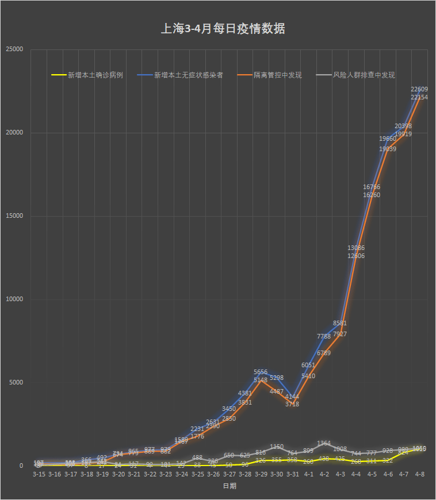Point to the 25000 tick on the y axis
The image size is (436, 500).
click(x=14, y=49)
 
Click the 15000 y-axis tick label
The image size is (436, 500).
click(x=14, y=216)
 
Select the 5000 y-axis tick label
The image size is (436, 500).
click(x=16, y=383)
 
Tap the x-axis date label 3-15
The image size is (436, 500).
click(x=39, y=475)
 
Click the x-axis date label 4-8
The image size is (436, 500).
click(x=419, y=475)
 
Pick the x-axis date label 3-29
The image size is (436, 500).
click(x=261, y=475)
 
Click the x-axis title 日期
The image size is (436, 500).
click(x=229, y=486)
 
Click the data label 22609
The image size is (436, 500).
click(x=419, y=89)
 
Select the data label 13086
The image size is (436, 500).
click(x=355, y=248)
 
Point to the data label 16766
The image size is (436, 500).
click(x=371, y=187)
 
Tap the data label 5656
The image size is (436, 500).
click(x=261, y=372)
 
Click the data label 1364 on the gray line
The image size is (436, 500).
click(x=324, y=443)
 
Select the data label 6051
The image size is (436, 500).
click(x=308, y=365)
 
